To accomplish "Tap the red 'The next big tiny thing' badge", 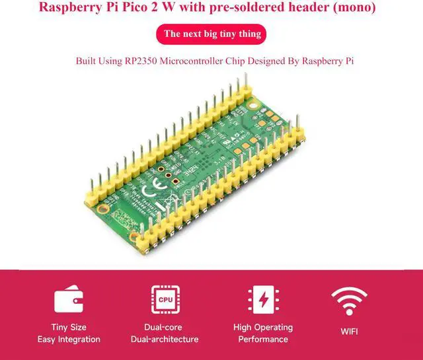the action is (212, 34).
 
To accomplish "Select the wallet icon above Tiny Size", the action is (68, 301).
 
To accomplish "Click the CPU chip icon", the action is (165, 299).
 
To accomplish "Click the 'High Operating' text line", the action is (263, 328).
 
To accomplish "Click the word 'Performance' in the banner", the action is (263, 340).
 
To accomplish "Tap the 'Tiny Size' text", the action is (68, 328).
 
